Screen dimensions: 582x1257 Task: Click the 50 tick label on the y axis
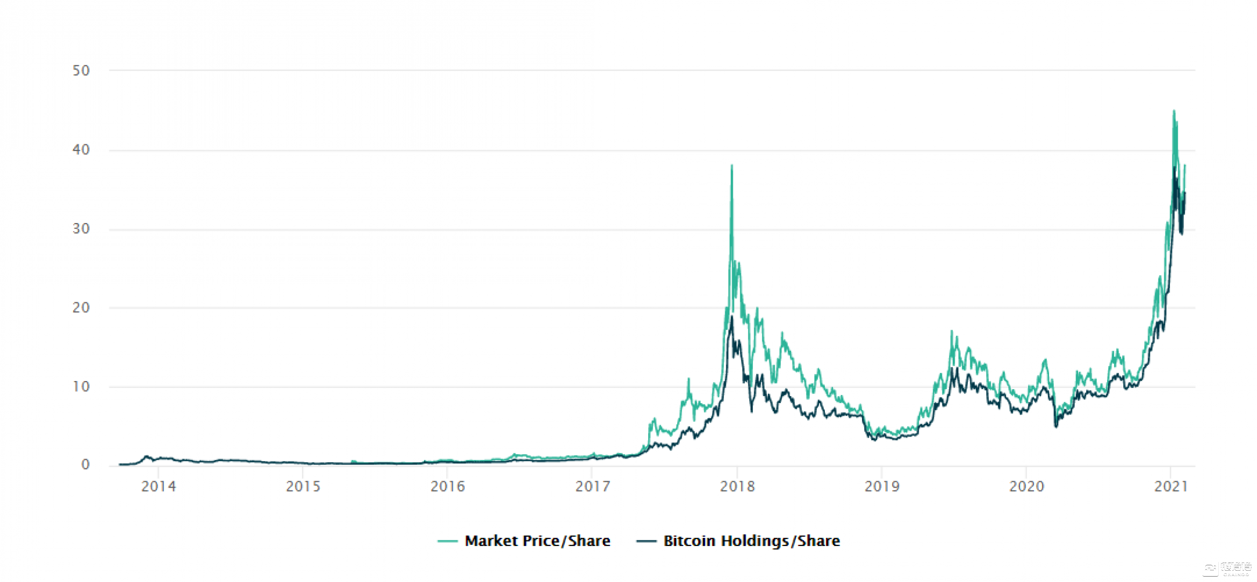coord(81,71)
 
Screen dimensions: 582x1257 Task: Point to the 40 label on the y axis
coord(81,149)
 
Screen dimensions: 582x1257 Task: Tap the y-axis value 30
coord(81,228)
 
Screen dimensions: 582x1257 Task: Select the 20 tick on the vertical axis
coord(81,307)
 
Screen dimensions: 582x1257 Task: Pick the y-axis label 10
coord(81,386)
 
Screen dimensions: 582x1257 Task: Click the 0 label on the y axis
coord(85,465)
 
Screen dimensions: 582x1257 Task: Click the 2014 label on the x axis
coord(158,486)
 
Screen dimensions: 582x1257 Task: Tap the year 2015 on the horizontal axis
coord(303,486)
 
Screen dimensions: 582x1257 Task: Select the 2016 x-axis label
coord(447,486)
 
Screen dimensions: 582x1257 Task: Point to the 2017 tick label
coord(592,486)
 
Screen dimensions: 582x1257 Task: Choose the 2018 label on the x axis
coord(737,486)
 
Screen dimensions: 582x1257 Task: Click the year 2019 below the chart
coord(881,486)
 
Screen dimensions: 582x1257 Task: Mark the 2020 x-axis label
coord(1026,486)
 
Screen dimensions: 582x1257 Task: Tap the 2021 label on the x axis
coord(1171,486)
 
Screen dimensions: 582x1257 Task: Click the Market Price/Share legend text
coord(537,541)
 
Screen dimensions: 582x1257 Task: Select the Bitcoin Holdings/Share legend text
coord(751,541)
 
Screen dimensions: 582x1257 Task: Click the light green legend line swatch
coord(447,541)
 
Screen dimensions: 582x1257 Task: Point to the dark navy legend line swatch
coord(646,541)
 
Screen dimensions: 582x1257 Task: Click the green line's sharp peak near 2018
coord(732,165)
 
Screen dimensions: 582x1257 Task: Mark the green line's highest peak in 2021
coord(1174,111)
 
